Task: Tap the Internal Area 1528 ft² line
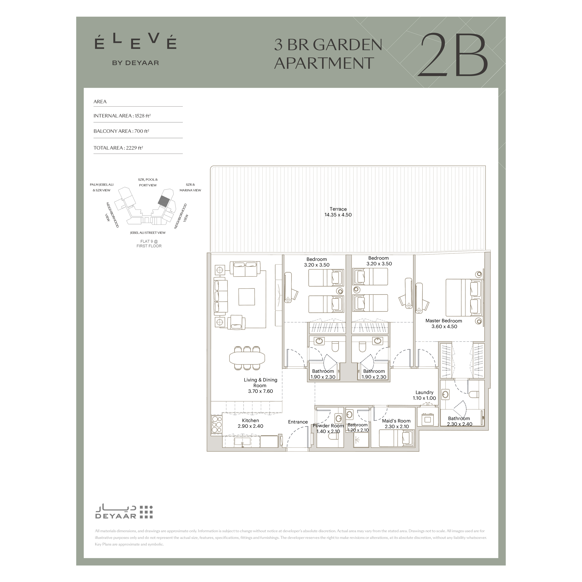click(122, 116)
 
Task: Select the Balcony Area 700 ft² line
click(121, 131)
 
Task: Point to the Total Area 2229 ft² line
click(118, 148)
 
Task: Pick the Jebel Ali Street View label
click(148, 233)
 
